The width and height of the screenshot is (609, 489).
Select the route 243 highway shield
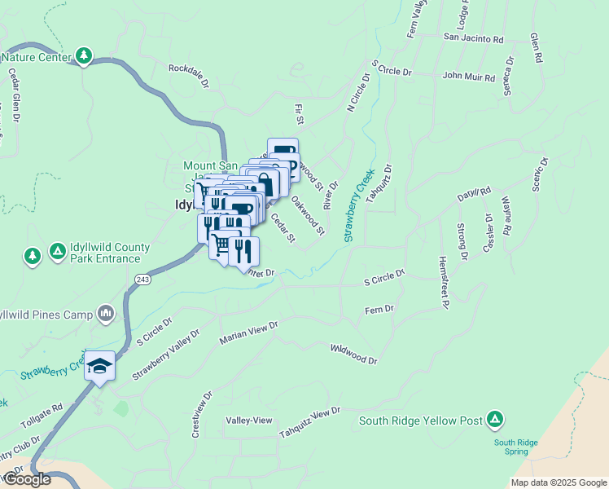tap(142, 280)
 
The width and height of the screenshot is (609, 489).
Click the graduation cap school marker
tap(99, 365)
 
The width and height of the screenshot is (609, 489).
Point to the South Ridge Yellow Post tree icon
tap(494, 421)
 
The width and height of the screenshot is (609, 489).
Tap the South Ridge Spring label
tap(515, 447)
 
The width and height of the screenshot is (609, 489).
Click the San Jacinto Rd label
tap(473, 38)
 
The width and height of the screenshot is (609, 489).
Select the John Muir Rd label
tap(468, 77)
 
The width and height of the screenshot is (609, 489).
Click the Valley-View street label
tap(248, 420)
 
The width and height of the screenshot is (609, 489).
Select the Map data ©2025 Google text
tap(558, 482)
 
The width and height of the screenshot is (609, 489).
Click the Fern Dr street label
tap(379, 310)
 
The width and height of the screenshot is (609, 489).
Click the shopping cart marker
tap(221, 245)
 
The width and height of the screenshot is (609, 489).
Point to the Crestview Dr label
tap(200, 415)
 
